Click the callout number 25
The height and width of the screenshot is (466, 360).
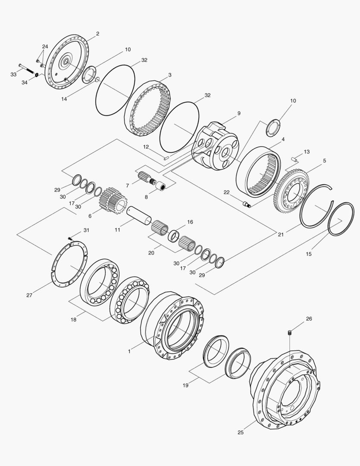pyautogui.click(x=241, y=432)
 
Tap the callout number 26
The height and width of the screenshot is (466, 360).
pyautogui.click(x=309, y=318)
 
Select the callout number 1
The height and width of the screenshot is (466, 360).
pyautogui.click(x=129, y=351)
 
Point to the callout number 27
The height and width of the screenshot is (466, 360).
pyautogui.click(x=29, y=295)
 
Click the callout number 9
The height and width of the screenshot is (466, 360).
pyautogui.click(x=239, y=113)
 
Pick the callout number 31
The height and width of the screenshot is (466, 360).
pyautogui.click(x=86, y=230)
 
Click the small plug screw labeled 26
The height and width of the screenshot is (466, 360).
pyautogui.click(x=290, y=332)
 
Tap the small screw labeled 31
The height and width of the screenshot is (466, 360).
pyautogui.click(x=70, y=238)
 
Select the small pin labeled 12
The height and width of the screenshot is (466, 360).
pyautogui.click(x=166, y=157)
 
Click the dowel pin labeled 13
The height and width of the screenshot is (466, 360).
pyautogui.click(x=294, y=159)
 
